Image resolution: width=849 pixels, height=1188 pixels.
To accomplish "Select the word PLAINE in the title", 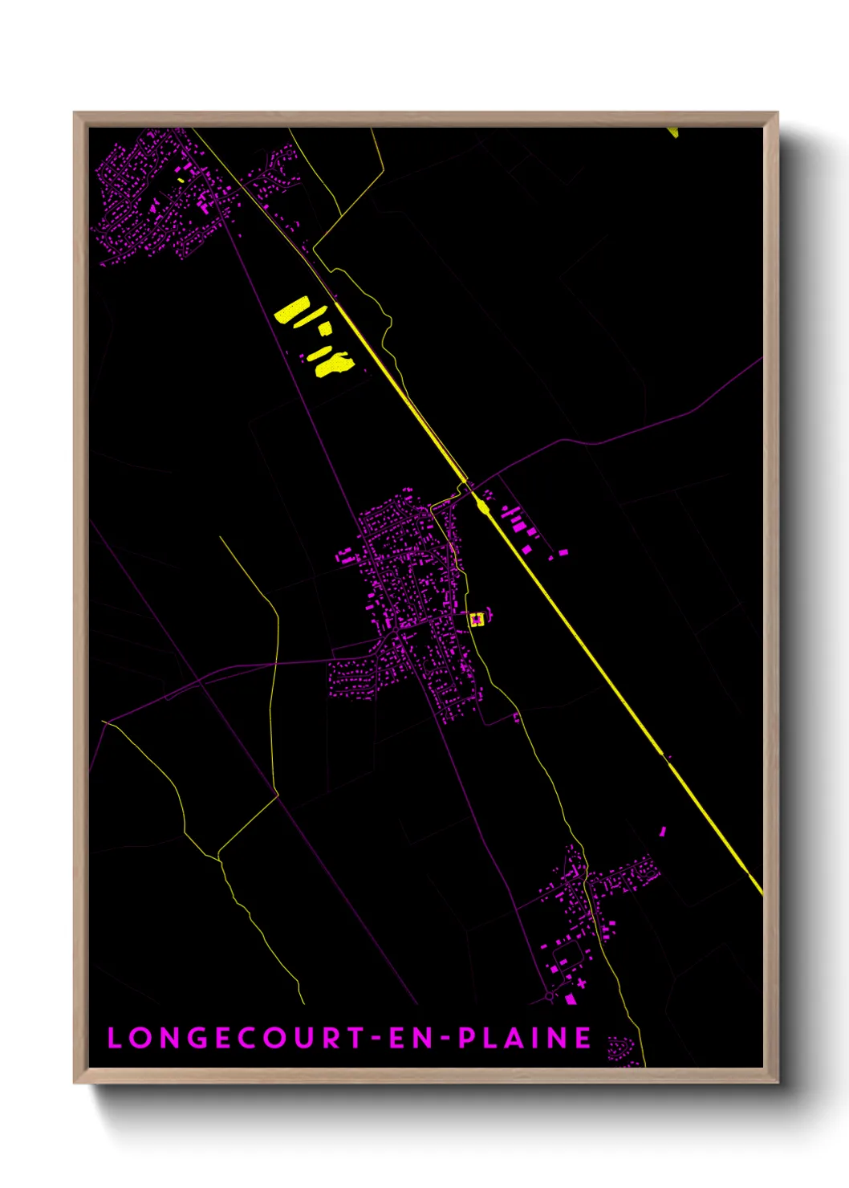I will tap(526, 1038).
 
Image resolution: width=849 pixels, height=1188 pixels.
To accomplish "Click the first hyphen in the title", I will tap(376, 1039).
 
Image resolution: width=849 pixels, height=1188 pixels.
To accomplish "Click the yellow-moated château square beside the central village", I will tap(477, 619).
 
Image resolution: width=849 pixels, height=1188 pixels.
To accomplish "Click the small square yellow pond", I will tap(325, 328).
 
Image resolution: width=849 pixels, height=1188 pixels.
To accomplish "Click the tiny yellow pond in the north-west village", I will tap(182, 180).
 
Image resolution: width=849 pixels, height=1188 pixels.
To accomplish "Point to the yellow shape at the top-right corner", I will tap(673, 132).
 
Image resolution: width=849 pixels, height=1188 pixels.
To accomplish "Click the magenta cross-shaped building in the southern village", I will tap(582, 982).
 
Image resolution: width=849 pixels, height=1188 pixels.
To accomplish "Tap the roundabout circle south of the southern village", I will tap(550, 996).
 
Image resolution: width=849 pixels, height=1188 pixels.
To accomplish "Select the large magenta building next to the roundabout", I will tap(571, 999).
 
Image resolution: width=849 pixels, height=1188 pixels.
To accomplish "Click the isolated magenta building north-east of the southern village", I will tap(663, 832).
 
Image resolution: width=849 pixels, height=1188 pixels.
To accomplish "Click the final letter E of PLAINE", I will tap(583, 1038).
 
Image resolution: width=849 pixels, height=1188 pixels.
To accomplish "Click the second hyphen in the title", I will tap(446, 1039).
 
